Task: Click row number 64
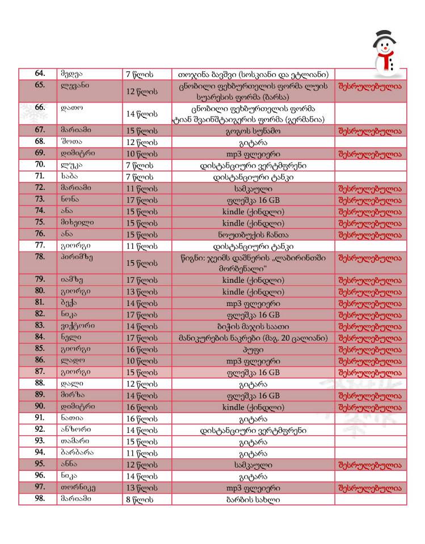tap(40, 74)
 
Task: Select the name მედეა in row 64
tap(71, 74)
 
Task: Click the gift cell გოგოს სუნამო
tap(253, 130)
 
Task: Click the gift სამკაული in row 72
tap(253, 188)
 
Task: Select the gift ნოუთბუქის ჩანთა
tap(253, 234)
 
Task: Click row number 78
tap(40, 257)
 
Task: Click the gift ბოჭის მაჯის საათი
tap(253, 326)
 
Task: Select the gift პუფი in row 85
tap(253, 349)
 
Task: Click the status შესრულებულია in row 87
tap(369, 372)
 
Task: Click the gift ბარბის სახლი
tap(253, 499)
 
